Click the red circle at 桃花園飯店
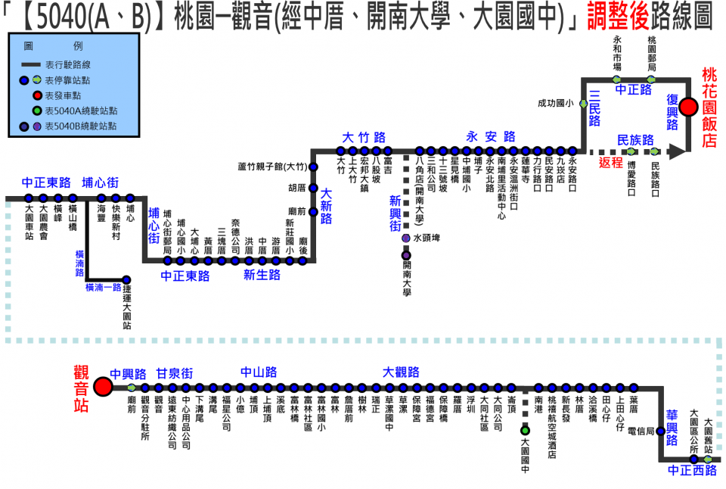[x=688, y=107]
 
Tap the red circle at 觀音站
[x=103, y=387]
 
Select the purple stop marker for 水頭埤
[x=407, y=238]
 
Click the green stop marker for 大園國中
[x=525, y=431]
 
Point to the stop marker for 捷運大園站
[x=127, y=280]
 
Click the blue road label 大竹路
[x=364, y=137]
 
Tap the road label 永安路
[x=491, y=137]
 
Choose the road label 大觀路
[x=401, y=372]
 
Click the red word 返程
[x=610, y=162]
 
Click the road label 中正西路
[x=692, y=471]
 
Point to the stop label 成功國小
[x=552, y=103]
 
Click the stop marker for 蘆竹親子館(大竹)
[x=314, y=167]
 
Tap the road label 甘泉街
[x=175, y=372]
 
